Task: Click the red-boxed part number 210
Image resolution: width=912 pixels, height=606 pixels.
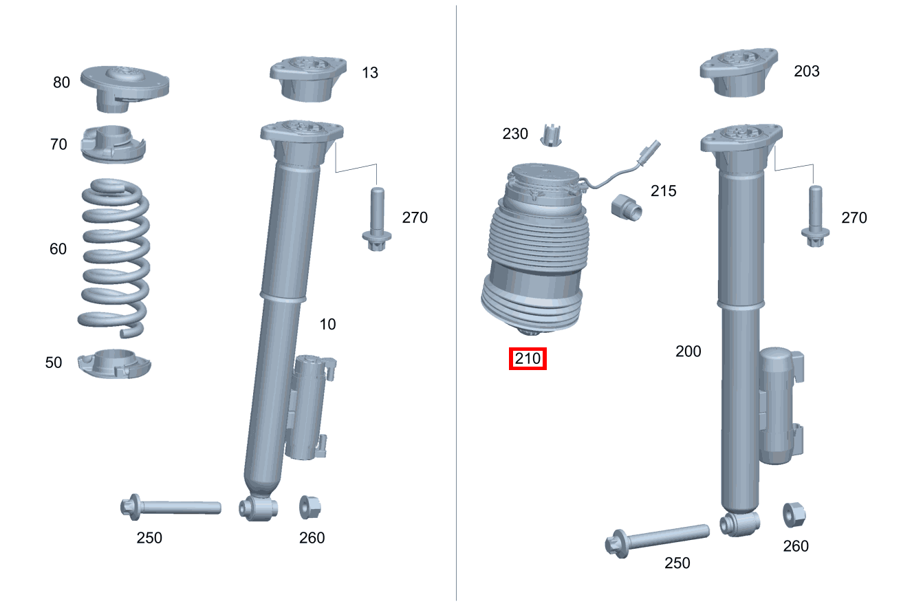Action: click(x=528, y=358)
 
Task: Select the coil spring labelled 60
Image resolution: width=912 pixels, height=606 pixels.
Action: click(x=114, y=257)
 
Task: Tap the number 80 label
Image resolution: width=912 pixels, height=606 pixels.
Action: click(x=61, y=83)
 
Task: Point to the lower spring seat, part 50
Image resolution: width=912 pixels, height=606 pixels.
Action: click(x=113, y=363)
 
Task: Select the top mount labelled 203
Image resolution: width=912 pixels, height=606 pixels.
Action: click(x=739, y=72)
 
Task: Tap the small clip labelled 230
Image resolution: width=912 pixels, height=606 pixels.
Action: click(x=550, y=135)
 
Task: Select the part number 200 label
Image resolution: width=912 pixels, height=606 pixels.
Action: click(x=688, y=351)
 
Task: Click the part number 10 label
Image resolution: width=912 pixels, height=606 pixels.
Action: click(x=327, y=324)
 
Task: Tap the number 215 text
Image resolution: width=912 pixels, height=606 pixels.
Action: click(x=663, y=191)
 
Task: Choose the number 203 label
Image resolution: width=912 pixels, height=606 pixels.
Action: click(x=806, y=71)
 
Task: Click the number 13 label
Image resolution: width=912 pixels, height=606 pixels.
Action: click(x=369, y=72)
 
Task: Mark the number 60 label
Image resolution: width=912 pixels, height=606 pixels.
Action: click(x=58, y=249)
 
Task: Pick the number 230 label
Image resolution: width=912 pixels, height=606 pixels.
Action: click(x=514, y=133)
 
